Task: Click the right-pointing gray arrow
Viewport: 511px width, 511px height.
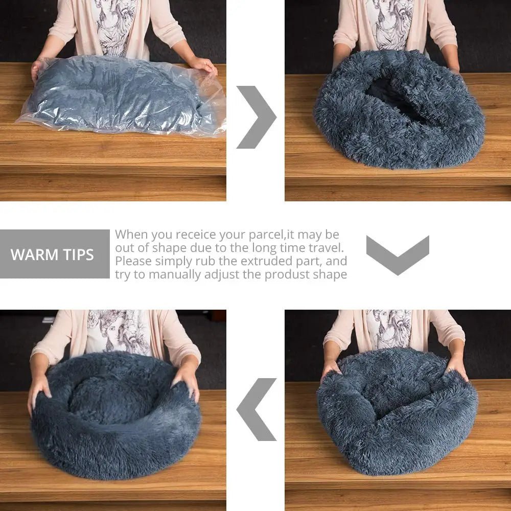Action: (x=257, y=117)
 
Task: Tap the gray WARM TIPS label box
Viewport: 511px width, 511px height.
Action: (x=55, y=254)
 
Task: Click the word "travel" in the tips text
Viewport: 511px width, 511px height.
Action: (x=324, y=248)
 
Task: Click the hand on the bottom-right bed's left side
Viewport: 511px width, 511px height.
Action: (x=330, y=368)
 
